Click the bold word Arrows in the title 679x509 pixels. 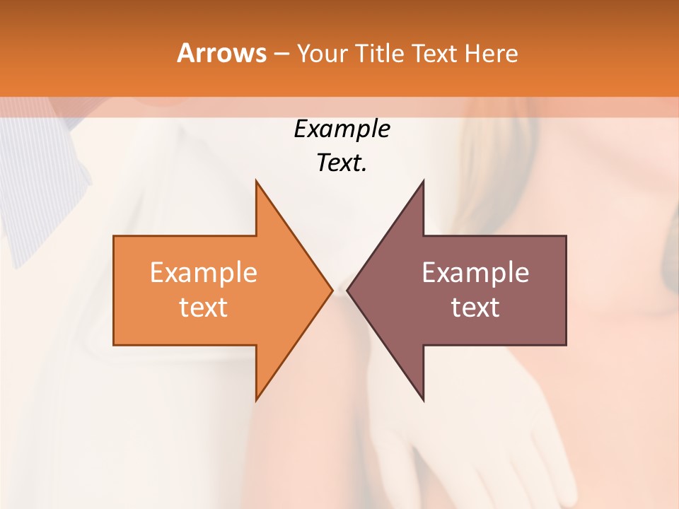point(221,53)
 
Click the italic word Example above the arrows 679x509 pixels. point(342,129)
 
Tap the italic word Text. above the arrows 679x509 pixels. point(342,163)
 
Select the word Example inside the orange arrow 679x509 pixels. point(203,273)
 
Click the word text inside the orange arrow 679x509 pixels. point(203,308)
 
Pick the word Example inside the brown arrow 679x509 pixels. point(475,273)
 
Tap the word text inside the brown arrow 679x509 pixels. point(475,308)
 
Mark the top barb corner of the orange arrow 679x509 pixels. point(256,181)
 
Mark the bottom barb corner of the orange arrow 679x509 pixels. point(256,399)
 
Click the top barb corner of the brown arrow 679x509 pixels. point(423,181)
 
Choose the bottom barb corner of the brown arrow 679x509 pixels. point(423,399)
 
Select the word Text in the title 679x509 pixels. point(435,54)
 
